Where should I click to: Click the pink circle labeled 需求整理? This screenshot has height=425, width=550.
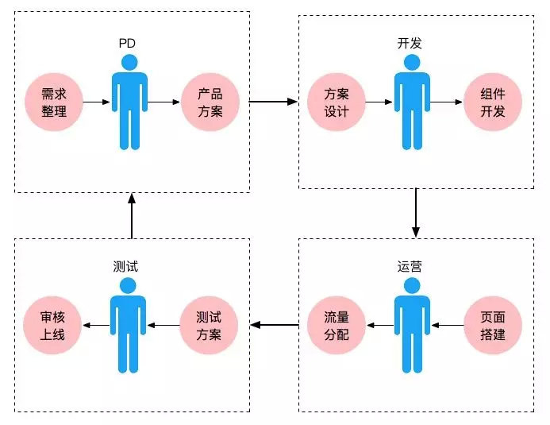click(x=54, y=102)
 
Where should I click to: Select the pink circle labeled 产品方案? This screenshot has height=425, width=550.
click(x=211, y=102)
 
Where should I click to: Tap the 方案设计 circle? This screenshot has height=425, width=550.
click(x=337, y=102)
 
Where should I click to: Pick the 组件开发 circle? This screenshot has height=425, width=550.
click(x=493, y=102)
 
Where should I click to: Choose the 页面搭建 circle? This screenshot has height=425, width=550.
click(x=493, y=325)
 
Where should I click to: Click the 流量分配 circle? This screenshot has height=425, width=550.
click(x=337, y=325)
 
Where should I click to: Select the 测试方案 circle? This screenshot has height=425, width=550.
click(x=211, y=325)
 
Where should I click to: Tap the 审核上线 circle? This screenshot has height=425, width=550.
click(x=54, y=325)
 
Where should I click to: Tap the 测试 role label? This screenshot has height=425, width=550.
click(x=128, y=266)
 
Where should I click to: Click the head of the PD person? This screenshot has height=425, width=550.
click(x=129, y=62)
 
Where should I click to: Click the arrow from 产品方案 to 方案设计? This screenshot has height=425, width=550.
click(x=274, y=102)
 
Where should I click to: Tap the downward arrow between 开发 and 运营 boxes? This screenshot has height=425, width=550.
click(x=415, y=213)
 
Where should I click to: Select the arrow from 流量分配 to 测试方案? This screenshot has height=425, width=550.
click(x=274, y=324)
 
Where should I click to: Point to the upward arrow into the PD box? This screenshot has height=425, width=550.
click(x=132, y=214)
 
